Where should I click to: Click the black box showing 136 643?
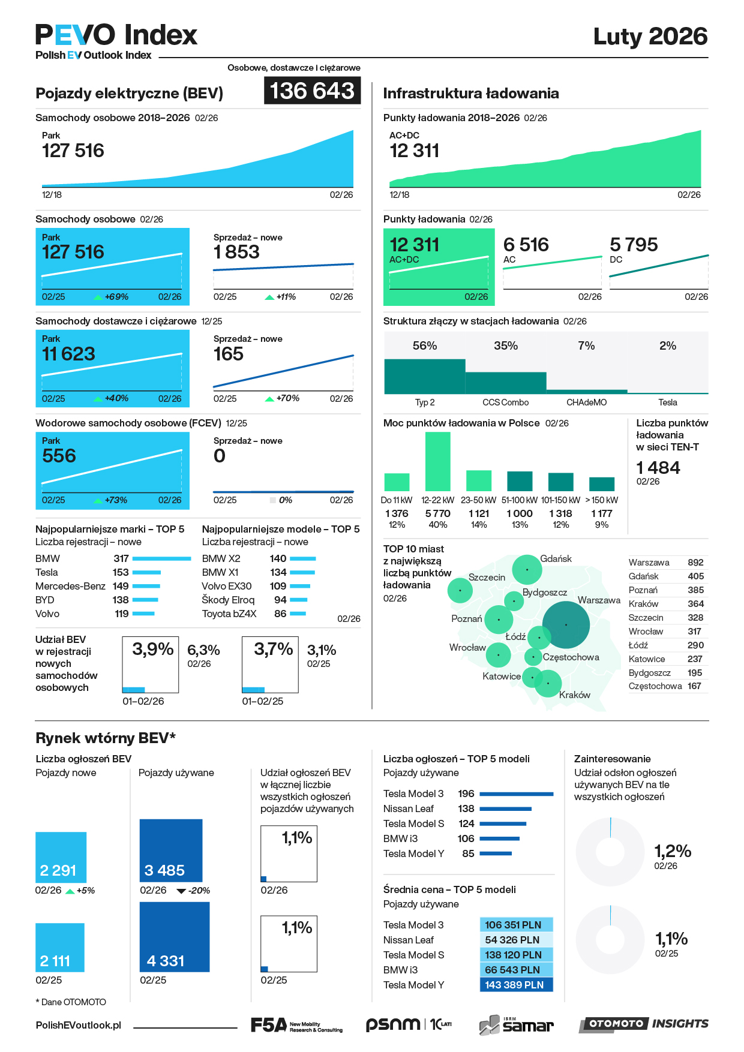pos(312,91)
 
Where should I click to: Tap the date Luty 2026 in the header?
pos(650,37)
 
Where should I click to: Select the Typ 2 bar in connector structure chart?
pos(424,377)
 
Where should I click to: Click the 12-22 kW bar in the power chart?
pos(438,461)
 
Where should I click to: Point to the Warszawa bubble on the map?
pos(566,625)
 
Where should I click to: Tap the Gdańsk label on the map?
pos(556,559)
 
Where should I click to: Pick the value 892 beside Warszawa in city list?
pos(695,563)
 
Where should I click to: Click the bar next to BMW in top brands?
pos(161,558)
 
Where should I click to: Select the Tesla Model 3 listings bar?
pos(516,794)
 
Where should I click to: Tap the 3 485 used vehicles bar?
pos(171,850)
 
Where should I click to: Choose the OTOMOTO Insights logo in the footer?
pos(644,1024)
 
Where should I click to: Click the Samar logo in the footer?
pos(517,1025)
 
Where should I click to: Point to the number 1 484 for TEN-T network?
pos(658,468)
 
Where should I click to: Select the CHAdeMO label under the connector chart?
pos(586,402)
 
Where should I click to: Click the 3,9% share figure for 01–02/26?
pos(152,650)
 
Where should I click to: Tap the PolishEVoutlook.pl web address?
pos(78,1026)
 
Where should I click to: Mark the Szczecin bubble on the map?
pos(460,591)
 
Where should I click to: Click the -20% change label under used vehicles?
pos(199,891)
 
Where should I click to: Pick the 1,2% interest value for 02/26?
pos(673,851)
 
